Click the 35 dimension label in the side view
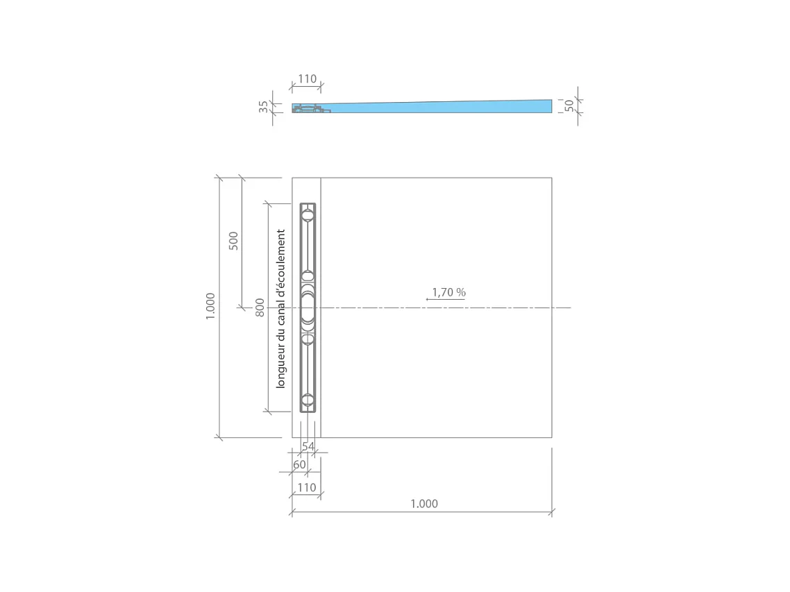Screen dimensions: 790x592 click(x=263, y=107)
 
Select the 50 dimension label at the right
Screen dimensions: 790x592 click(x=569, y=105)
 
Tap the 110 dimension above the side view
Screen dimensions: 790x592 click(x=308, y=79)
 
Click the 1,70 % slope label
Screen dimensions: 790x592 click(x=449, y=292)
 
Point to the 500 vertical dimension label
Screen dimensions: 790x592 click(x=233, y=241)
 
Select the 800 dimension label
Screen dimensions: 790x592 click(x=260, y=308)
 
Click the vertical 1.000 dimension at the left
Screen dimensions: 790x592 click(x=210, y=306)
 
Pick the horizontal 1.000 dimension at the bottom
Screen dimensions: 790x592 click(x=424, y=504)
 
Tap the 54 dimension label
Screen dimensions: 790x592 click(x=308, y=446)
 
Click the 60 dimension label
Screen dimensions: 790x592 click(x=299, y=464)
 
